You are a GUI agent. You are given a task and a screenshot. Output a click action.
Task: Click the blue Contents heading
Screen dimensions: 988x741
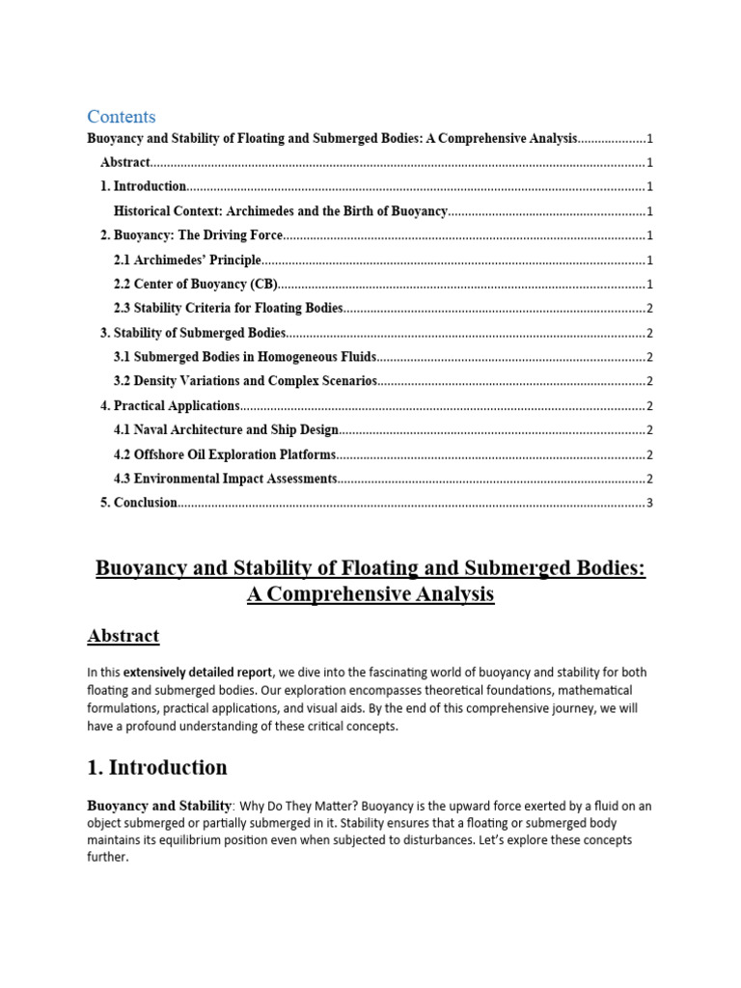click(121, 117)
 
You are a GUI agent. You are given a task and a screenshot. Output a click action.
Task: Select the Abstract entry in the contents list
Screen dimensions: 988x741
click(125, 163)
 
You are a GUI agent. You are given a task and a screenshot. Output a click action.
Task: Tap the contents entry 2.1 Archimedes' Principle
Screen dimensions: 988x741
click(187, 260)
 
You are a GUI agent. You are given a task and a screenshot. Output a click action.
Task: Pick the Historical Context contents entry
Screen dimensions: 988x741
click(280, 211)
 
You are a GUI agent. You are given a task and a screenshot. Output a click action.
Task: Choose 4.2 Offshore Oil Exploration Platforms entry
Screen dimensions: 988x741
click(225, 454)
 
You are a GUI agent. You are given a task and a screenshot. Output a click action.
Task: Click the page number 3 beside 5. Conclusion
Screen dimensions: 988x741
click(650, 503)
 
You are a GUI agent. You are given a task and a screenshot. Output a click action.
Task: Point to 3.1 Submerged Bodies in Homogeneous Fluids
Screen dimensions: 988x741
click(245, 357)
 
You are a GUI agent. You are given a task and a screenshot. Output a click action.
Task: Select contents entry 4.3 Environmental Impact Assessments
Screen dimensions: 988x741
click(225, 479)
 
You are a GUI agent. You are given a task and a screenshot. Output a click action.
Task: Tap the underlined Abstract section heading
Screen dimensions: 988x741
click(123, 636)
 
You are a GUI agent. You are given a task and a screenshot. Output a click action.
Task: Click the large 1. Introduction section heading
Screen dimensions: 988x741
click(157, 768)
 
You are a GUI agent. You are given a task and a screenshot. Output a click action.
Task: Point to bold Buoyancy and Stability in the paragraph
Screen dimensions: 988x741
click(159, 806)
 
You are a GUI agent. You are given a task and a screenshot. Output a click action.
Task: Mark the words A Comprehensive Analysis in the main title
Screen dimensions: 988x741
click(370, 594)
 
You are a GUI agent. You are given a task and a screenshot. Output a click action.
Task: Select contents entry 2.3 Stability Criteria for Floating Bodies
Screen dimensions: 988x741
click(228, 309)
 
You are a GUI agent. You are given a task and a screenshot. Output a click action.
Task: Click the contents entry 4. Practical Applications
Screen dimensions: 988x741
click(170, 406)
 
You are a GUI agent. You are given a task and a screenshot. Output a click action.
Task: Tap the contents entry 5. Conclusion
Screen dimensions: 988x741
click(139, 503)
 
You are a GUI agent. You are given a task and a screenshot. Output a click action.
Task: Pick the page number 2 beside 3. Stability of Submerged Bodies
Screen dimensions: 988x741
click(650, 333)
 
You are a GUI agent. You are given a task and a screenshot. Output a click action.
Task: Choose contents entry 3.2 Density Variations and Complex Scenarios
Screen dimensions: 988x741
click(245, 381)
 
